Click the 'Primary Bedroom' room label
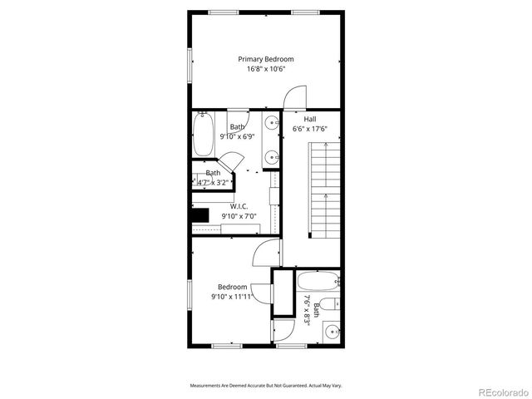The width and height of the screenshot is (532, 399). (266, 59)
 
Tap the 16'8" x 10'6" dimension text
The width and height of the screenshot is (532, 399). (266, 69)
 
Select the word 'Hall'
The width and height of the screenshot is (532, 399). (309, 119)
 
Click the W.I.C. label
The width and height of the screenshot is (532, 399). (239, 205)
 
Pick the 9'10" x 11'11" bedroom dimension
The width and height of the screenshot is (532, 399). (233, 296)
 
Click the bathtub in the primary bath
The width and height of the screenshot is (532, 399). (204, 135)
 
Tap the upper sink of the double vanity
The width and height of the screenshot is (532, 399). (271, 124)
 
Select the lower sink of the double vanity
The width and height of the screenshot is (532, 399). (271, 155)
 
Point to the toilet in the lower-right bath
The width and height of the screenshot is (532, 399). (330, 303)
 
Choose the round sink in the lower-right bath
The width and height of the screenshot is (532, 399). (332, 332)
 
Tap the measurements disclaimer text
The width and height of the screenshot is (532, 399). (266, 386)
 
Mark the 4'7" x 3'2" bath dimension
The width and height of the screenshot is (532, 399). (213, 182)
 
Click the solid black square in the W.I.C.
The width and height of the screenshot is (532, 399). (200, 214)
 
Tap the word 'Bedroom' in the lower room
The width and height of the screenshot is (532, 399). (233, 287)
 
